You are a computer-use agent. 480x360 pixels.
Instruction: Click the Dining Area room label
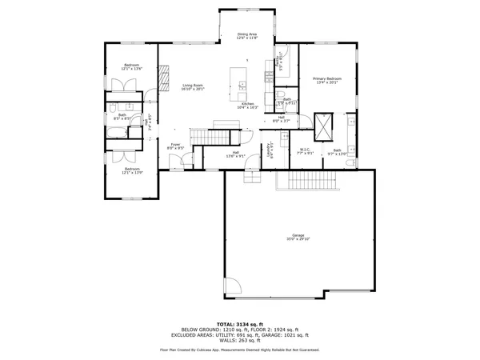tap(247, 36)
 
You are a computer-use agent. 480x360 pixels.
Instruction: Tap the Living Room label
tap(192, 87)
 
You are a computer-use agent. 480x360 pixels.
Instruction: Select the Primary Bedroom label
tap(327, 80)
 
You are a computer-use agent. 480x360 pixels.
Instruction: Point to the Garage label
tap(298, 237)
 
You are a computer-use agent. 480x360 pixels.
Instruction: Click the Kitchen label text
tap(248, 105)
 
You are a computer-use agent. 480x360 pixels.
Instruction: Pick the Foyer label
tap(175, 146)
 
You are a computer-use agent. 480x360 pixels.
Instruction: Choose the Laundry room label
tap(271, 149)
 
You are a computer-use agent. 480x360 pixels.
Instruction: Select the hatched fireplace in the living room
tap(165, 78)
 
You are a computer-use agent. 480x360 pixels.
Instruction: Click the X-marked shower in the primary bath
tap(323, 125)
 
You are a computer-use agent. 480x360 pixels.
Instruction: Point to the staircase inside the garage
tap(305, 183)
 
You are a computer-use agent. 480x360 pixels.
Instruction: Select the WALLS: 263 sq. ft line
tap(239, 342)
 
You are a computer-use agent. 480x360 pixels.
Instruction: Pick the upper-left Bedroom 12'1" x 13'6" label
tap(132, 66)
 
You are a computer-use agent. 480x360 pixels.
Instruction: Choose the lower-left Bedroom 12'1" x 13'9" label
tap(132, 170)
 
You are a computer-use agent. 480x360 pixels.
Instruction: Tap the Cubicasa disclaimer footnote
tap(239, 350)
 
